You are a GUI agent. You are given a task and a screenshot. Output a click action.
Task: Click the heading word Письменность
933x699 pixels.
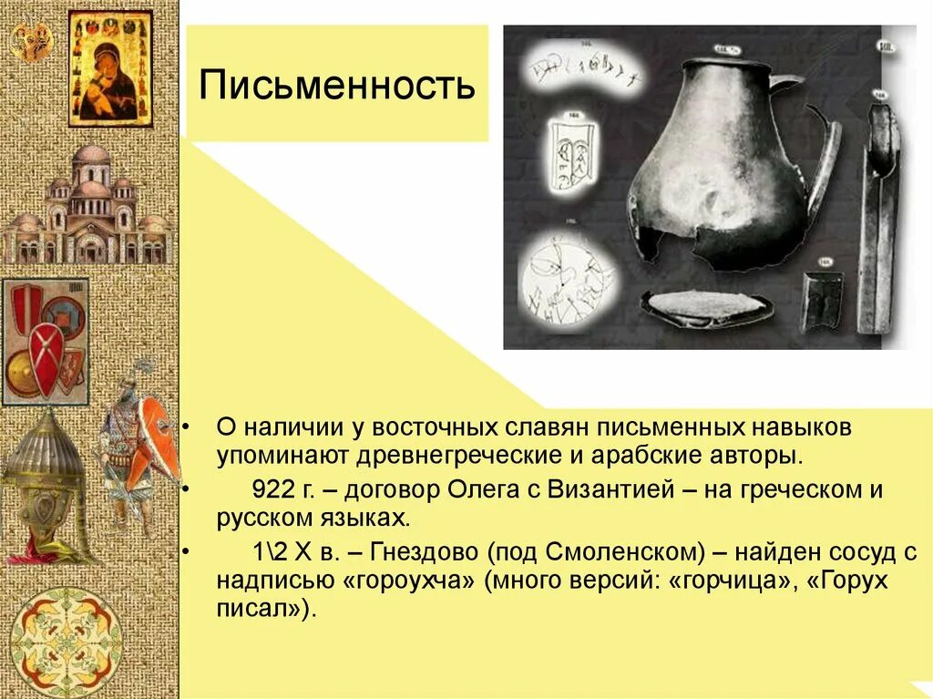point(337,86)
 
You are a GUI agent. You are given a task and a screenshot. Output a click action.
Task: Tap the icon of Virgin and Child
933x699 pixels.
point(109,69)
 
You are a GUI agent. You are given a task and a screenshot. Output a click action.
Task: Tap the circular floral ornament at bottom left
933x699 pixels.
point(66,642)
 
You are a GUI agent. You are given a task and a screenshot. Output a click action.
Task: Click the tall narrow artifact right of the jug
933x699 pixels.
point(880,219)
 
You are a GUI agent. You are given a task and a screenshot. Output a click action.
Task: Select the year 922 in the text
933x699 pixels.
point(271,489)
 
